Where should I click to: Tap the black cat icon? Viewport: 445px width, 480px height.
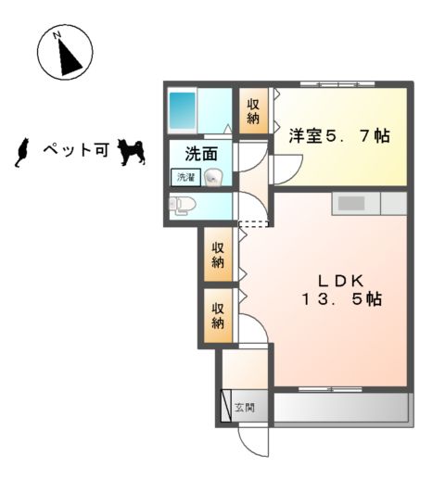click(x=23, y=152)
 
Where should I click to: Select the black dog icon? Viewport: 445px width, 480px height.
click(x=132, y=152)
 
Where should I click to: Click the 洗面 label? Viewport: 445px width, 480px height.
click(x=200, y=155)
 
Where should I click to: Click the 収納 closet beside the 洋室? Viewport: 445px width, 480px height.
click(x=252, y=112)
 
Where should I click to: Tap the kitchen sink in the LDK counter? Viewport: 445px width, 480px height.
click(x=352, y=203)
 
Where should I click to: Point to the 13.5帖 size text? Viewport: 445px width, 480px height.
click(x=340, y=299)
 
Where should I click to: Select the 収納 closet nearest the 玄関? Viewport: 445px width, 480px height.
click(x=219, y=315)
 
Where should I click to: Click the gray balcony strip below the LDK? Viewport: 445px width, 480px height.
click(x=340, y=409)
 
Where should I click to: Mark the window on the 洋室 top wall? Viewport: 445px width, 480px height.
click(x=339, y=85)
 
